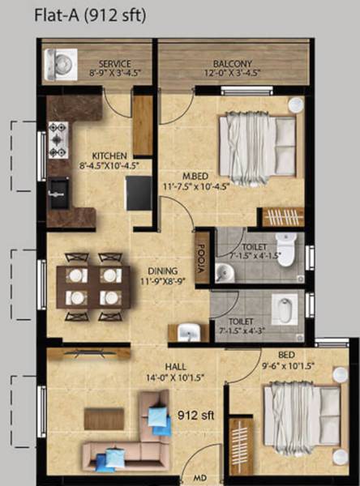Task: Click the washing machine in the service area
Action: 61,64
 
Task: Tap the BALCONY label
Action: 232,63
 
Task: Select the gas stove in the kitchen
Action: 58,139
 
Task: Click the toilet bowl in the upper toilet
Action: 285,247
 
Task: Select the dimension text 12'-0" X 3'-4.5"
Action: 232,74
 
